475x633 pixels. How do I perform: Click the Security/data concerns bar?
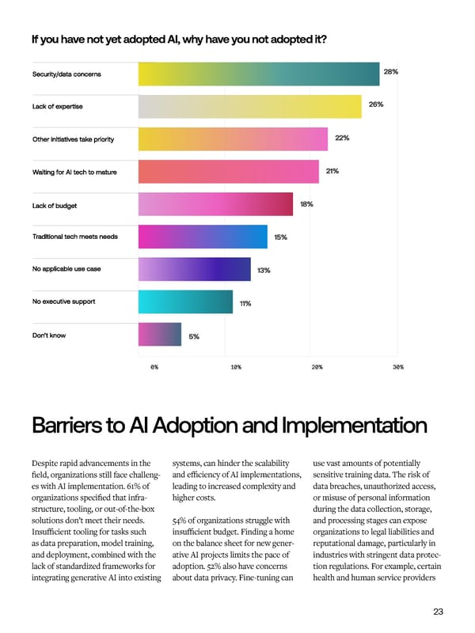click(x=258, y=74)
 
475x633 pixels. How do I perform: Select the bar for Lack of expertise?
click(x=249, y=106)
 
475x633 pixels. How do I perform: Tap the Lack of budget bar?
click(x=215, y=204)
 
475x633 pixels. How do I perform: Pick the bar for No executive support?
click(x=185, y=301)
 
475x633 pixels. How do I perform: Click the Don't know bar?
click(x=160, y=335)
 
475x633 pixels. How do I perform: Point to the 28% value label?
click(x=390, y=72)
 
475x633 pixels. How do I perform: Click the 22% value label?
click(x=342, y=138)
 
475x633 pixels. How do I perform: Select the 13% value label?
click(x=264, y=271)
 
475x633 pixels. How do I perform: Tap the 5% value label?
click(x=194, y=336)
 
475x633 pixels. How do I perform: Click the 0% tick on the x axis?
click(x=154, y=367)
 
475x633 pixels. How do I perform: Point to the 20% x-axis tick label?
click(x=317, y=367)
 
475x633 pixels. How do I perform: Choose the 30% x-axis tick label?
click(x=397, y=367)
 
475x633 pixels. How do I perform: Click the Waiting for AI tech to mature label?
click(x=74, y=172)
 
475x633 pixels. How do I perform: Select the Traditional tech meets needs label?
click(x=74, y=237)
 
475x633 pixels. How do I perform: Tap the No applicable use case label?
click(x=66, y=269)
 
